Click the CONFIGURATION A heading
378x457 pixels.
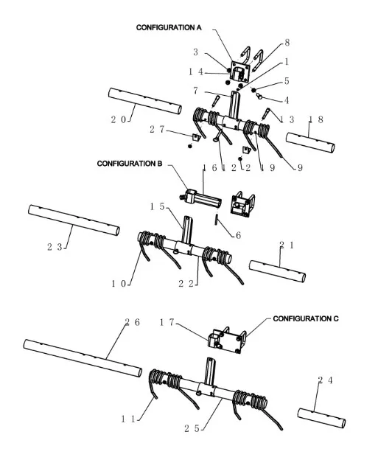[x=169, y=28]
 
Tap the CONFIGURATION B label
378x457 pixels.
[x=130, y=164]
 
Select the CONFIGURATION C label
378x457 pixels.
[x=306, y=318]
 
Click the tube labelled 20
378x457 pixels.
[x=145, y=101]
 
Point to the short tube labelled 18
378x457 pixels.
[x=310, y=142]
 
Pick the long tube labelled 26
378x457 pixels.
[x=83, y=358]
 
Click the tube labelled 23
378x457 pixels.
[x=74, y=220]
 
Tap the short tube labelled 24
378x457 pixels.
[x=321, y=418]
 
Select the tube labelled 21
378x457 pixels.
[x=278, y=271]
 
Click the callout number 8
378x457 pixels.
[x=287, y=43]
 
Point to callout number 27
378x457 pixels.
[x=157, y=129]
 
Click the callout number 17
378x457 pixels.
[x=167, y=322]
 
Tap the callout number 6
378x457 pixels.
[x=238, y=235]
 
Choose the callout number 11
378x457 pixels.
[x=128, y=419]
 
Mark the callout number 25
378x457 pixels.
[x=192, y=428]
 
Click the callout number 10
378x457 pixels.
[x=119, y=283]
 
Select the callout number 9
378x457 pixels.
[x=300, y=167]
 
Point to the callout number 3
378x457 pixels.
[x=195, y=52]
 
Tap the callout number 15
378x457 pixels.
[x=158, y=206]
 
